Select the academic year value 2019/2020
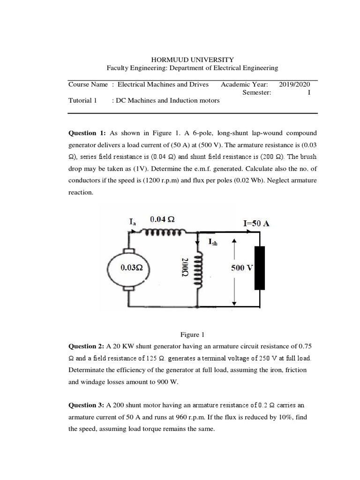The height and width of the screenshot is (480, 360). (x=294, y=84)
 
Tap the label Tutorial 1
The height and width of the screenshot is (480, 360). (x=82, y=100)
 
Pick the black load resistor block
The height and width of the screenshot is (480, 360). (x=259, y=268)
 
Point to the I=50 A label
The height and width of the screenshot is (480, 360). (x=256, y=224)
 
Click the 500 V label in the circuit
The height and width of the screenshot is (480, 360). (x=242, y=268)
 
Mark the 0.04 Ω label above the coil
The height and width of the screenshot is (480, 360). (x=163, y=219)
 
